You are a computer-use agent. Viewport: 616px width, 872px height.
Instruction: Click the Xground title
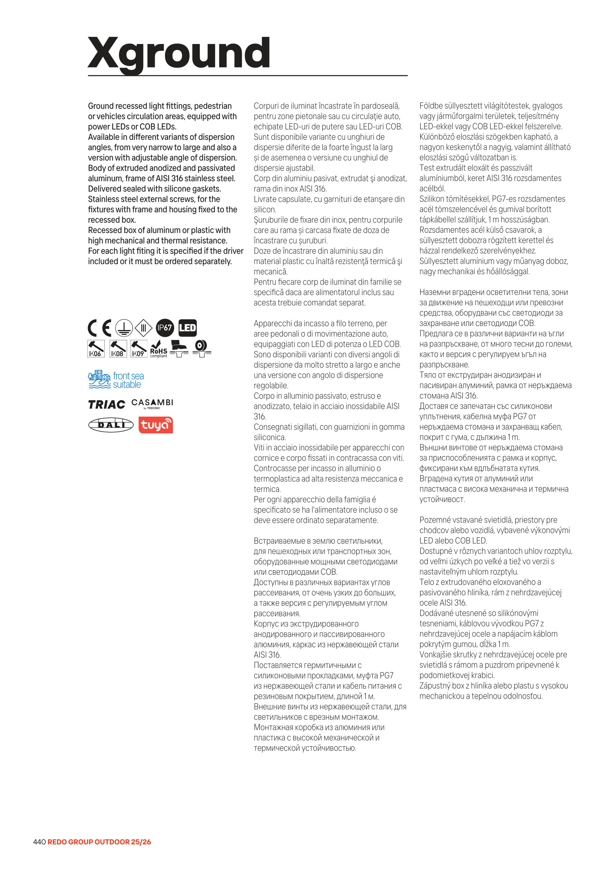179,53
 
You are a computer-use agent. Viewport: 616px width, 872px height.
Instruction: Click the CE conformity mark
99,328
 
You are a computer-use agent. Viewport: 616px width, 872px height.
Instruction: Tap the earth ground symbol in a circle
124,328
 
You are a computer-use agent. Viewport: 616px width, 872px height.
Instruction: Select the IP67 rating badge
165,328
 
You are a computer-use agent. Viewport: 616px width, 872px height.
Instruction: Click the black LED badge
187,328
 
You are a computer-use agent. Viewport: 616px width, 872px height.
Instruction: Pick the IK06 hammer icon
96,349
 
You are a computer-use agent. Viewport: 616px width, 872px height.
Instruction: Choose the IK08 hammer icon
118,349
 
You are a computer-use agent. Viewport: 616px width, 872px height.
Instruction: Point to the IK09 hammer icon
138,349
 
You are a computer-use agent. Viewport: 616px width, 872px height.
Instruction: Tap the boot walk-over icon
179,349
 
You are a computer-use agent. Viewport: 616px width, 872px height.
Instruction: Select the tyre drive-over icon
201,348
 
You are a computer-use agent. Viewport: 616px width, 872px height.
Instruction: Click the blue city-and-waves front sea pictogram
99,379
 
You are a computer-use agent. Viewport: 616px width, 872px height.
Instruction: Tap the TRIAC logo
107,404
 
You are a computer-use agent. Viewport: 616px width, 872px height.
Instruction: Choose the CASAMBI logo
152,403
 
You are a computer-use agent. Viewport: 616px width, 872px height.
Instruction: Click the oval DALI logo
111,425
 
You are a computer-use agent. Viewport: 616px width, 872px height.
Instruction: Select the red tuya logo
156,425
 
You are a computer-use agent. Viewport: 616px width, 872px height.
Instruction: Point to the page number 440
39,842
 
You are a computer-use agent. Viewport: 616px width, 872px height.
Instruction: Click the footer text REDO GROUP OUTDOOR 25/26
99,842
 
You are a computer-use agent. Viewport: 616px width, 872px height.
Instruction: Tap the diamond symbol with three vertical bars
143,328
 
